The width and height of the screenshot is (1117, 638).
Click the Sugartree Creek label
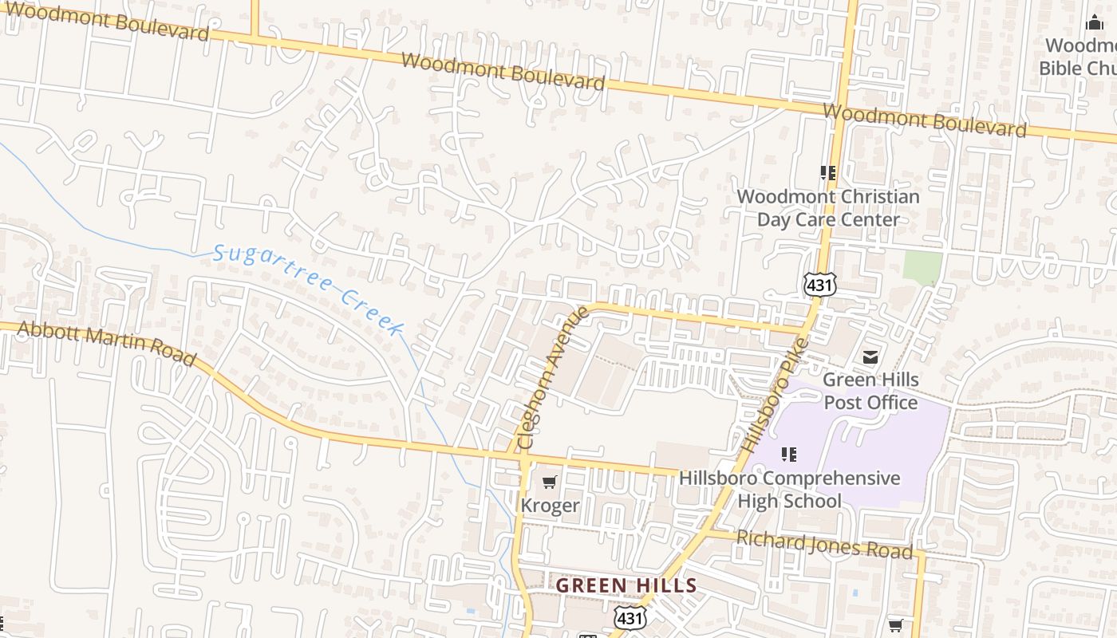click(310, 289)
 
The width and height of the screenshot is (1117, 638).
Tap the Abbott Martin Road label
click(106, 344)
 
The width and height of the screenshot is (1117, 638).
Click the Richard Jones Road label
click(824, 545)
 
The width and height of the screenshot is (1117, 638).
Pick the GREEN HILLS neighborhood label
click(626, 585)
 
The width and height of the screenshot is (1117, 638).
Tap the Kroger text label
click(550, 506)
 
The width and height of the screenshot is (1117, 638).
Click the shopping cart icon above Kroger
click(549, 482)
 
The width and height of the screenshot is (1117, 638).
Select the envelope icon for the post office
click(870, 356)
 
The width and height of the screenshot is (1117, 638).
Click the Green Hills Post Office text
click(870, 391)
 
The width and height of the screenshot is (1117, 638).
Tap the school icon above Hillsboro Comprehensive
click(789, 455)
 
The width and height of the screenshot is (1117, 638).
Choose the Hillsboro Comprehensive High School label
click(789, 490)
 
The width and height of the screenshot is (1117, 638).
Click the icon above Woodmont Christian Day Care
click(828, 172)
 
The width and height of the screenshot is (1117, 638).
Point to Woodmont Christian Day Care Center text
click(828, 207)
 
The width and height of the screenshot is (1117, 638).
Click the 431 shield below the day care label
click(820, 284)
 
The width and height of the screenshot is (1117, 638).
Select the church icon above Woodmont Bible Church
click(1094, 22)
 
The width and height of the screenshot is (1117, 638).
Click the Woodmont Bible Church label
click(1080, 57)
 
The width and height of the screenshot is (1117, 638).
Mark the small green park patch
click(922, 268)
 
